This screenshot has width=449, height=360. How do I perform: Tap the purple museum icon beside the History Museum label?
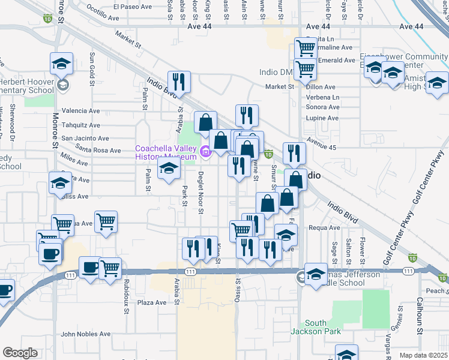click(206, 153)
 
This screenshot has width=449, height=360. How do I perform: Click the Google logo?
click(20, 353)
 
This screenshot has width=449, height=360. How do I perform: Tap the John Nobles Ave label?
click(86, 334)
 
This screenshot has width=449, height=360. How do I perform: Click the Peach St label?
click(436, 290)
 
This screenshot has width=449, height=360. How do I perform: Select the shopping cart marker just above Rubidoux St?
click(110, 268)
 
